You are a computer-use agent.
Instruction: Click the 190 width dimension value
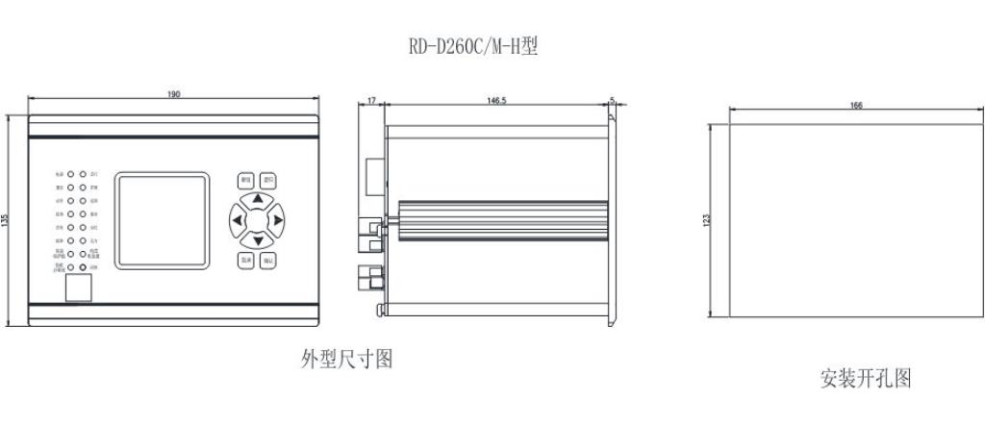click(174, 94)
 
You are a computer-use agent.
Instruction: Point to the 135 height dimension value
click(8, 220)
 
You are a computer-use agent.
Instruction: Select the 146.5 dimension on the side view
click(497, 100)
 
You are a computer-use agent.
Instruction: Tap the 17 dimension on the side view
click(371, 100)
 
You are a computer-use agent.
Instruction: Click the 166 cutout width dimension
click(856, 105)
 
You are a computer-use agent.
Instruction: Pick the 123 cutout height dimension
click(708, 220)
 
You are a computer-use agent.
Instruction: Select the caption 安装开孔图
click(866, 378)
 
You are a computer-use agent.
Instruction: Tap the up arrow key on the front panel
click(257, 201)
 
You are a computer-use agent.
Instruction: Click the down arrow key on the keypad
click(257, 240)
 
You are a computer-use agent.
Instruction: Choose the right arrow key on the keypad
click(277, 220)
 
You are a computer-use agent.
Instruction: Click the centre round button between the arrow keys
click(257, 220)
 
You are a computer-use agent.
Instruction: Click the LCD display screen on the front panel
click(162, 220)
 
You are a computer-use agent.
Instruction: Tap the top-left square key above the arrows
click(245, 180)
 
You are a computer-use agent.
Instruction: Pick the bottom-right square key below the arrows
click(269, 261)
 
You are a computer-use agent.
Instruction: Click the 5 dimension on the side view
click(613, 99)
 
